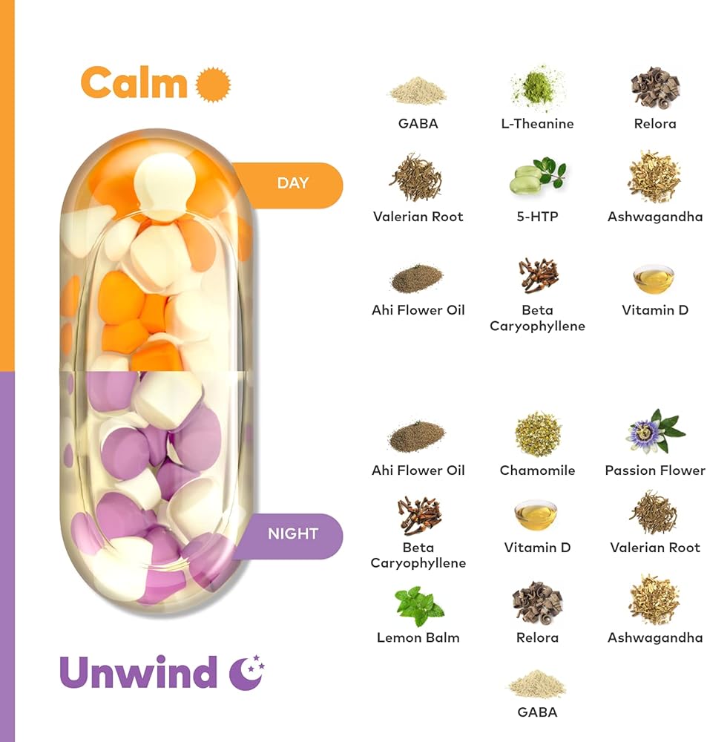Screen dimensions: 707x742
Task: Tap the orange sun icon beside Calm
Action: click(213, 83)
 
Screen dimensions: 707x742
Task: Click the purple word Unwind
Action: click(138, 672)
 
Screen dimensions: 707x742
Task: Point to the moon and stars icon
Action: click(246, 672)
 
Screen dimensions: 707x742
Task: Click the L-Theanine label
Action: click(537, 124)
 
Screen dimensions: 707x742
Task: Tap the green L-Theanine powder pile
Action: click(537, 89)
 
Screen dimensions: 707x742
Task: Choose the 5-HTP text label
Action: click(537, 217)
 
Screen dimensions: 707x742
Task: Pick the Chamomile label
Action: click(537, 470)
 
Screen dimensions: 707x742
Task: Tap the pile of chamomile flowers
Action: click(537, 433)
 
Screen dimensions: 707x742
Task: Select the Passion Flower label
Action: click(654, 470)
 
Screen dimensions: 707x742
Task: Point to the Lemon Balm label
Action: click(418, 637)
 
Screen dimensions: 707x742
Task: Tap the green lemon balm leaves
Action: click(418, 605)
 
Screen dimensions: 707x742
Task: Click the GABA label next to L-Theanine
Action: click(418, 124)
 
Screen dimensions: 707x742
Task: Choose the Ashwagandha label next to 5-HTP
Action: click(654, 217)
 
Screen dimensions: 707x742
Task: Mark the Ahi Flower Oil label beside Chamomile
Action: click(418, 470)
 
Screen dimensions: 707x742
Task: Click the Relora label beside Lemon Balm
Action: click(537, 637)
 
